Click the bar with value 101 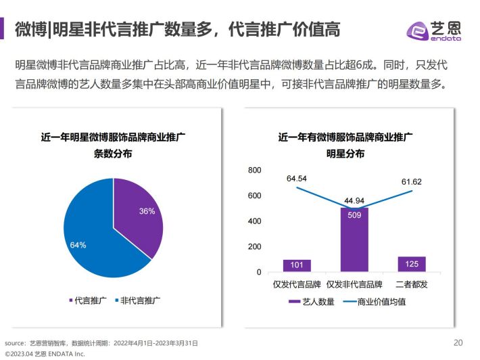(x=297, y=265)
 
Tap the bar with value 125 (x=412, y=263)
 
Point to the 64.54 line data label (x=297, y=179)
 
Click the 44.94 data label (x=354, y=200)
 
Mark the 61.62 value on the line (x=411, y=182)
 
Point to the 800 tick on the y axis (x=254, y=171)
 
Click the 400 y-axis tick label (x=254, y=221)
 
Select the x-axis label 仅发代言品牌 (x=295, y=284)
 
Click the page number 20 (x=458, y=341)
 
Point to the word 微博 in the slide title (x=30, y=29)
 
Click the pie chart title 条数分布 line (x=113, y=154)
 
